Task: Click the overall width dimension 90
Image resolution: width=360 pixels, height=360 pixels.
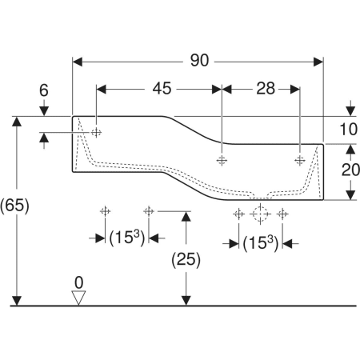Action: tap(199, 61)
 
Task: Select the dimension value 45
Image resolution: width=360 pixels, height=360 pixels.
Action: tap(162, 89)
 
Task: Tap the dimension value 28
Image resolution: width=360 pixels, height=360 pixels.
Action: tap(266, 89)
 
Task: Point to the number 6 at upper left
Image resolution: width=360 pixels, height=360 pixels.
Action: tap(44, 90)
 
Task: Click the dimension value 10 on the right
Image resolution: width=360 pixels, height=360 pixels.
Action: tap(348, 130)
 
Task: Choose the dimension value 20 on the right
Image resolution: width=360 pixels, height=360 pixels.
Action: tap(350, 170)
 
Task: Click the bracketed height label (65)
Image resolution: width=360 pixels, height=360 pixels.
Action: tap(14, 206)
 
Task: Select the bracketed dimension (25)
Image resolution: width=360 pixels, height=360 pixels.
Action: tap(186, 259)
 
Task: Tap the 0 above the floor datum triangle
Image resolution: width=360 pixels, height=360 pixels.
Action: tap(78, 282)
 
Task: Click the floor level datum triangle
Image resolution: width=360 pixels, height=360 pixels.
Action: tap(78, 298)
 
